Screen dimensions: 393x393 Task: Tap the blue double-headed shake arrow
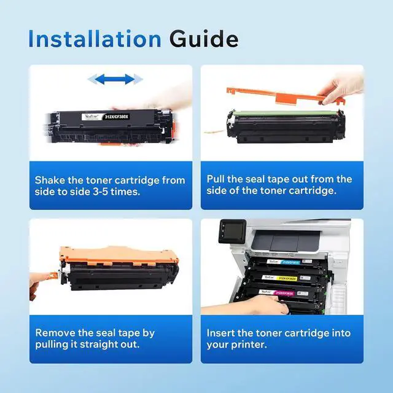click(115, 79)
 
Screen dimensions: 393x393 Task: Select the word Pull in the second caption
click(218, 179)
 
